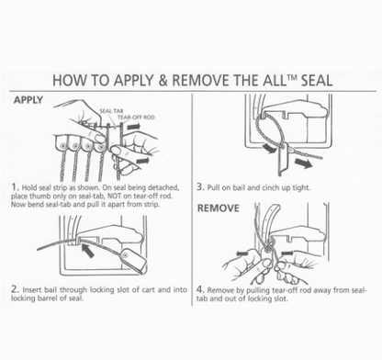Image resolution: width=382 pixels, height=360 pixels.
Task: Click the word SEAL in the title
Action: [317, 80]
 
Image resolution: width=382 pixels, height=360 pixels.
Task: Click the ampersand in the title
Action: [163, 81]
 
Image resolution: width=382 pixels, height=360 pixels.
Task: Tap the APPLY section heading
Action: [28, 100]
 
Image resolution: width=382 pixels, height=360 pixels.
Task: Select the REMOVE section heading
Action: [218, 208]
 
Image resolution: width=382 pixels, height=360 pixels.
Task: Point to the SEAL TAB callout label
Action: [111, 111]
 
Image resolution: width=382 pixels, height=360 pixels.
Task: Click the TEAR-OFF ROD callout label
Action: [136, 118]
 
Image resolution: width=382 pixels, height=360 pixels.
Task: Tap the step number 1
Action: [14, 186]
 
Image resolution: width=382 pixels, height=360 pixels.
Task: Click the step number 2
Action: [15, 288]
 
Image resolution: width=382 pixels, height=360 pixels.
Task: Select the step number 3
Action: [200, 186]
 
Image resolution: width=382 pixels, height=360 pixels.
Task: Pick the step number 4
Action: [200, 289]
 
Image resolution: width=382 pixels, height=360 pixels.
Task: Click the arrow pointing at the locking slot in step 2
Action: [87, 250]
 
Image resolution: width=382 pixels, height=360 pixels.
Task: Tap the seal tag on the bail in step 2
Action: [134, 260]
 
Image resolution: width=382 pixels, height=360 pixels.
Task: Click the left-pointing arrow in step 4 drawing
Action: [242, 253]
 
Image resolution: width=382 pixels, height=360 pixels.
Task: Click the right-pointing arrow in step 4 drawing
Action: [286, 253]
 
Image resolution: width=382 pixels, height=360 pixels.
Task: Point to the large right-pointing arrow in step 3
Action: [303, 163]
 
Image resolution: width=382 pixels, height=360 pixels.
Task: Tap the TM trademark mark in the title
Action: [292, 76]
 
